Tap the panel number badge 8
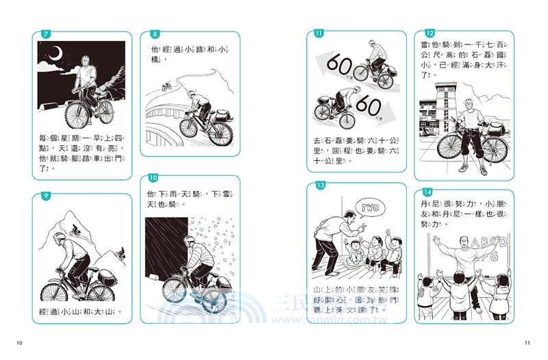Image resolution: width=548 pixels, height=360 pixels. [155, 34]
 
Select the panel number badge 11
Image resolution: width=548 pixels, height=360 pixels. [319, 34]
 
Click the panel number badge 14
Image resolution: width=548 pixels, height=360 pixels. [428, 192]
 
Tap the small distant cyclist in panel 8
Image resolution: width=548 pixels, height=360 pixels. [166, 86]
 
